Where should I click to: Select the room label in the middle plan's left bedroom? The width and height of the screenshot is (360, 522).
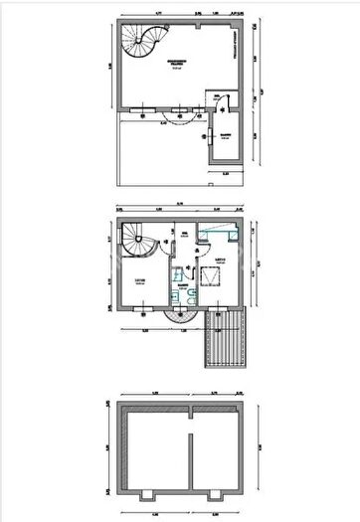click(140, 281)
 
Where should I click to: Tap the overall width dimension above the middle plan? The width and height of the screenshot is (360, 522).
click(180, 202)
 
